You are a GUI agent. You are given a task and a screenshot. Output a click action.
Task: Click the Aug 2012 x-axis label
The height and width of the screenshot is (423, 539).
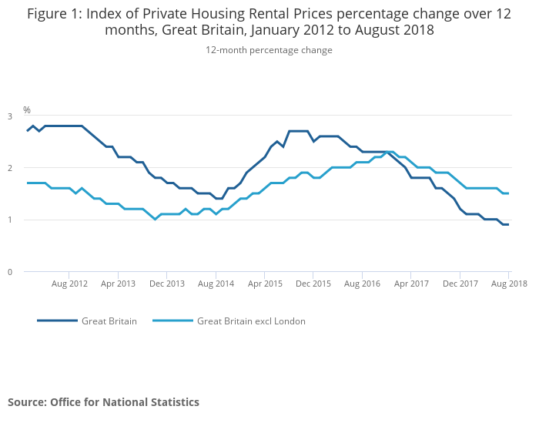tap(69, 284)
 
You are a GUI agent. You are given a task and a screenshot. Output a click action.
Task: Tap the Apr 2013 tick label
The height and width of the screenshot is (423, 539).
tap(118, 284)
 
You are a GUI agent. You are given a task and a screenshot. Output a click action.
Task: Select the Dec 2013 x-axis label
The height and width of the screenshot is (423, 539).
tap(167, 284)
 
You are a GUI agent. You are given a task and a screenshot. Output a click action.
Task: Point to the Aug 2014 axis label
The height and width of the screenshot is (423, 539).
tap(216, 284)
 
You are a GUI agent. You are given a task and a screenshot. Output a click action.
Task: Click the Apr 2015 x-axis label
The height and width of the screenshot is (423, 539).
tap(264, 284)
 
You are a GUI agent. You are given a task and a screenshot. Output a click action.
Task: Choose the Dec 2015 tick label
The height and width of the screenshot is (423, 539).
tap(313, 284)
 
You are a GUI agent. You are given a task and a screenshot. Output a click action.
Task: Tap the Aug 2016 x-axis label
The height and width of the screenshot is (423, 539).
tap(362, 284)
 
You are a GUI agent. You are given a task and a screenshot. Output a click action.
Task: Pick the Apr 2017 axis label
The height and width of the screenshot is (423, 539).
tap(410, 284)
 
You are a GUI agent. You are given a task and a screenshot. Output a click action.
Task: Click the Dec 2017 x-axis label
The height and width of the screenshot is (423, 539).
tap(460, 284)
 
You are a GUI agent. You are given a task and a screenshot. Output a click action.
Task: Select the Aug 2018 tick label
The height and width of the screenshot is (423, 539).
tap(508, 284)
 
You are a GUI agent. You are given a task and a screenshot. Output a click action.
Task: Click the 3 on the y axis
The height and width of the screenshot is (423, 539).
tap(10, 116)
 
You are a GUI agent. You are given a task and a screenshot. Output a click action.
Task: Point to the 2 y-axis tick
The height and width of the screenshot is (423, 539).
tap(10, 168)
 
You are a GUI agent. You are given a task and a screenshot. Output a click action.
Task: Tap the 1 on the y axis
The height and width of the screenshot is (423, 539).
tap(10, 220)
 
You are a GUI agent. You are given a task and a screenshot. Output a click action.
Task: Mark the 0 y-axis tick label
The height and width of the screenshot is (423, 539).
tap(10, 271)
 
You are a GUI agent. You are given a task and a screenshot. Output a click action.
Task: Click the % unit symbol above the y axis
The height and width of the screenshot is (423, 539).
tap(27, 110)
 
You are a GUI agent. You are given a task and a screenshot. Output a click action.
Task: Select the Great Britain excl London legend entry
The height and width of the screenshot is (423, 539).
tap(251, 321)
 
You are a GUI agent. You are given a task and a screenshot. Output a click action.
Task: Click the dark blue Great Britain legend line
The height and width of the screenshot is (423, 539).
tap(58, 321)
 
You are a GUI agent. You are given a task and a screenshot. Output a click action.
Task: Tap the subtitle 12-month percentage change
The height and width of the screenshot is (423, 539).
tap(269, 50)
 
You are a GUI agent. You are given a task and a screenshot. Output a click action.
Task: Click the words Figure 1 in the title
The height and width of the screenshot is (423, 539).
tap(54, 13)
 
